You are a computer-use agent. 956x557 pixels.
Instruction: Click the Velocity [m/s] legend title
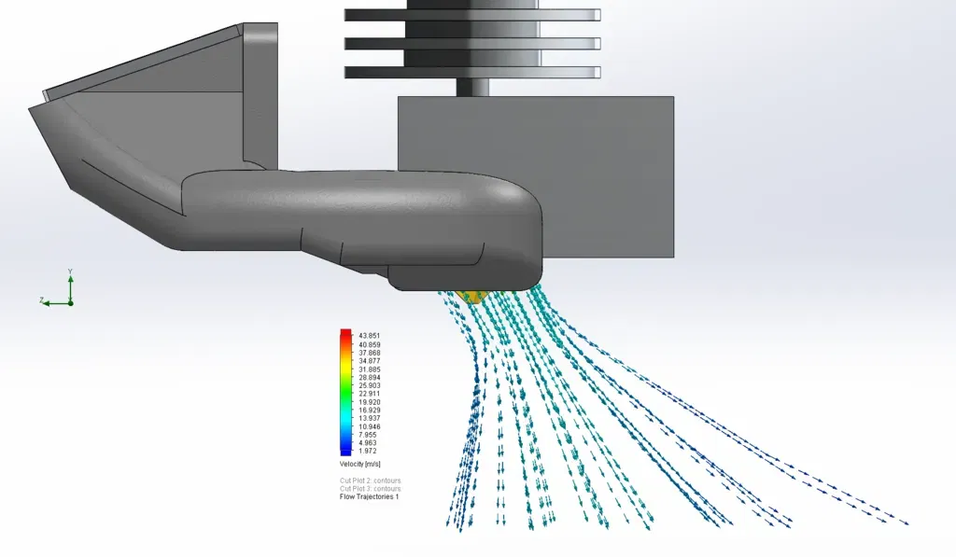tap(359, 464)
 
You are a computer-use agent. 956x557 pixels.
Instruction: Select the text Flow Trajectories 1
tap(369, 496)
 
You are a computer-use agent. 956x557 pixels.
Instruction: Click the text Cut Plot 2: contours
tap(370, 480)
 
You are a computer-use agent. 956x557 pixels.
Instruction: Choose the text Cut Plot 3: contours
tap(370, 489)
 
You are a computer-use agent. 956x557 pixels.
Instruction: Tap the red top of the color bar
tap(345, 333)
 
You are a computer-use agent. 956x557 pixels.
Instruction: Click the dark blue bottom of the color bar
tap(345, 452)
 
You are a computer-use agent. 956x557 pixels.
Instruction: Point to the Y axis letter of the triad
tap(70, 272)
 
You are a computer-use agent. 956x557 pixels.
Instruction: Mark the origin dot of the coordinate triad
tap(70, 302)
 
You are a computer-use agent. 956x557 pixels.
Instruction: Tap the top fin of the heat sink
tap(471, 16)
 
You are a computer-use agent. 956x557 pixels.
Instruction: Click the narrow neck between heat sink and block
tap(471, 87)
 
